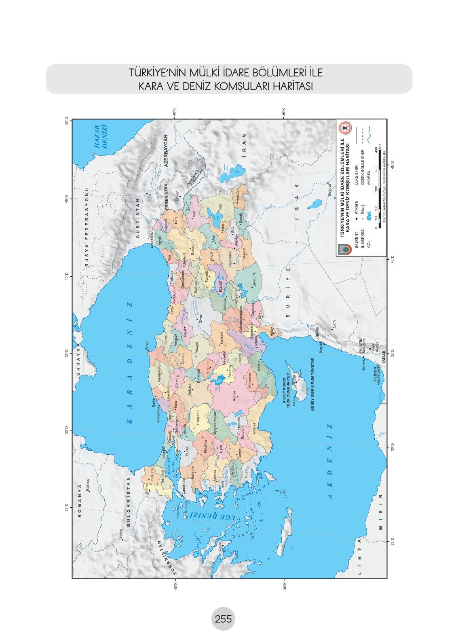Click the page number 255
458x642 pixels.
click(x=223, y=619)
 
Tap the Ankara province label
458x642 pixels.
click(x=189, y=390)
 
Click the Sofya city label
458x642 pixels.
click(x=120, y=534)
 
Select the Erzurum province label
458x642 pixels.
click(x=193, y=248)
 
